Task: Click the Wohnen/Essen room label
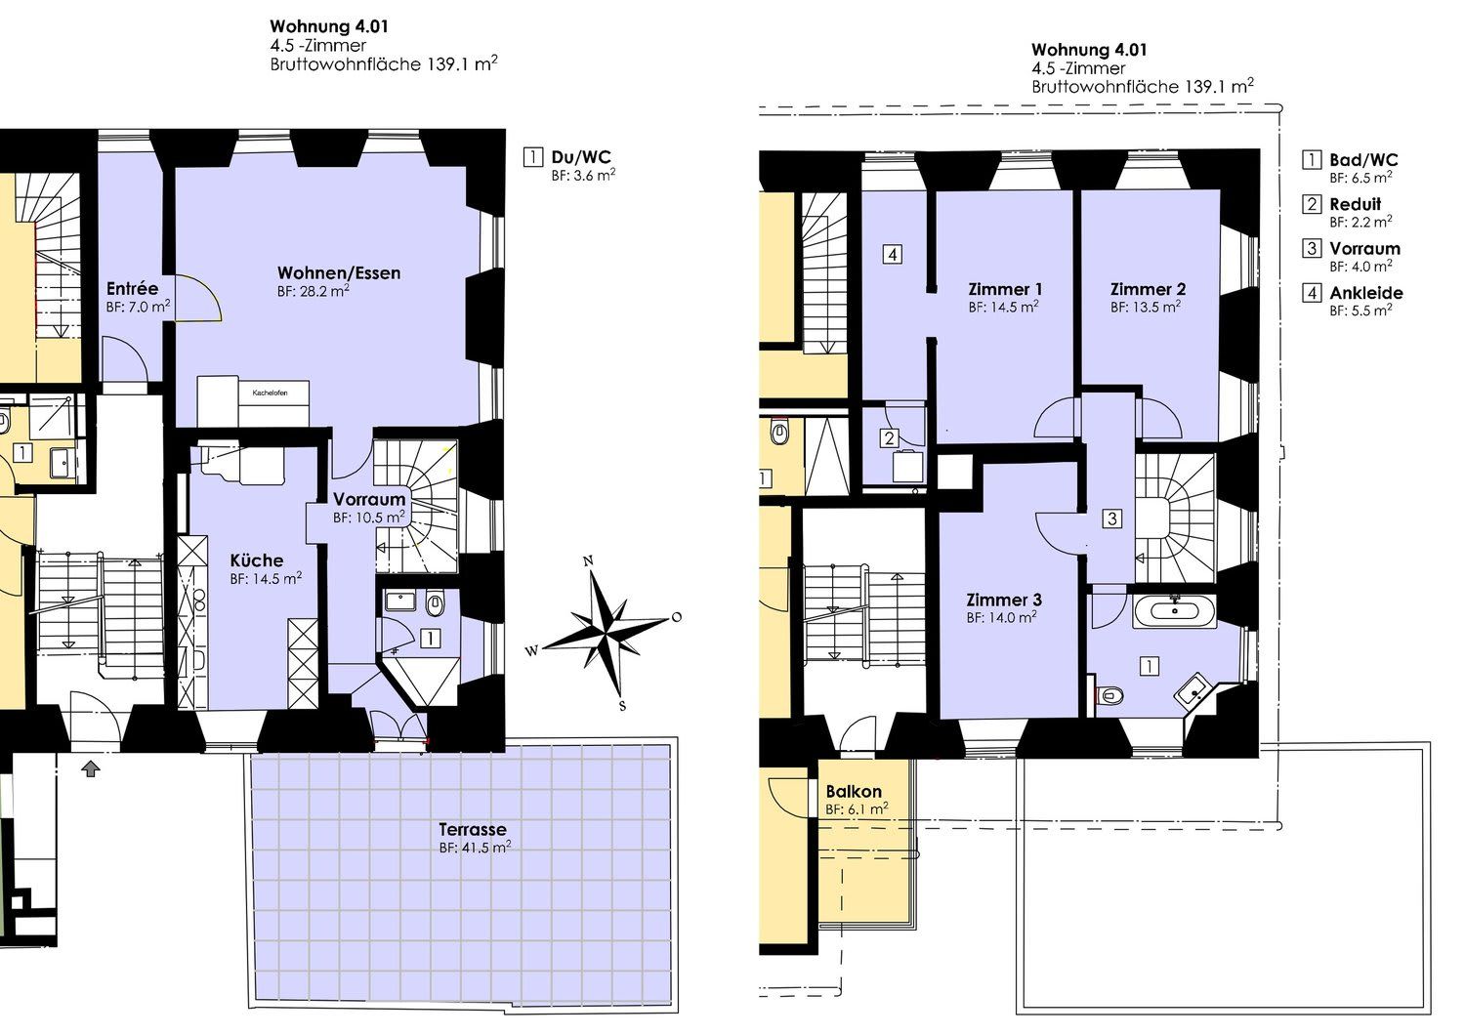339,273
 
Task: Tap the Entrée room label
132,288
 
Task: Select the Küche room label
256,560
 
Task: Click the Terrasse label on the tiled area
472,829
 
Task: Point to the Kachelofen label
271,394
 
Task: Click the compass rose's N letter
588,560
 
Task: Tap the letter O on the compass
677,617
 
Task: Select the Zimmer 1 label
1005,289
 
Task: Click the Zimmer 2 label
1148,289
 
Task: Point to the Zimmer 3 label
1004,600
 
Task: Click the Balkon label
854,791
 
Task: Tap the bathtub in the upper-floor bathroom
1175,611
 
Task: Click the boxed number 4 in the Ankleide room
893,254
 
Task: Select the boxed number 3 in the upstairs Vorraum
1111,518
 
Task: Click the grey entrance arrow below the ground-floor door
91,769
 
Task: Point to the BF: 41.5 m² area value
475,848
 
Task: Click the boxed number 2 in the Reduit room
889,438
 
